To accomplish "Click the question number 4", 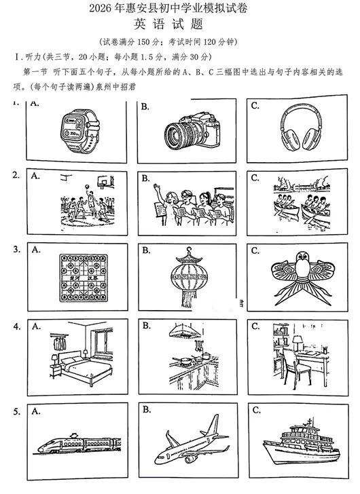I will pos(16,326).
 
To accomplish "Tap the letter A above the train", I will pos(36,411).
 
